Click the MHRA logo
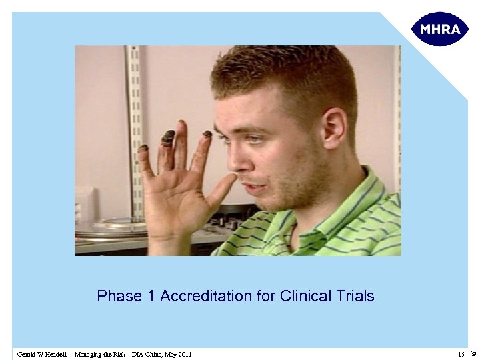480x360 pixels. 440,29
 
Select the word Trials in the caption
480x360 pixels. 355,296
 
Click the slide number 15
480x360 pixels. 461,354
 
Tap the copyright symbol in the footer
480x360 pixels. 473,353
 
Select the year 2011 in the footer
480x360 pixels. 183,354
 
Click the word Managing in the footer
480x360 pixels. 87,354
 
